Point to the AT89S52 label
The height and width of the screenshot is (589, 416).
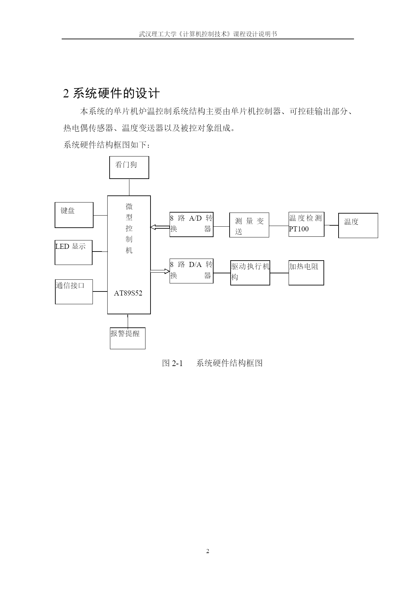point(128,293)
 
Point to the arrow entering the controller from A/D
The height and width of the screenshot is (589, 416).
point(160,228)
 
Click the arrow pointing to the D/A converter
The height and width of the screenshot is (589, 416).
point(160,271)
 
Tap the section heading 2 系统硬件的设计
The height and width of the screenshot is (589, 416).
point(111,93)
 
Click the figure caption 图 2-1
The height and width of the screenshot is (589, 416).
point(172,363)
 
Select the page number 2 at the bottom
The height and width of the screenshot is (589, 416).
point(207,551)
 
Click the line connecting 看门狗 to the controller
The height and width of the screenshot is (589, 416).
point(129,187)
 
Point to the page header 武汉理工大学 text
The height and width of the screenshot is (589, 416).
point(158,34)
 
